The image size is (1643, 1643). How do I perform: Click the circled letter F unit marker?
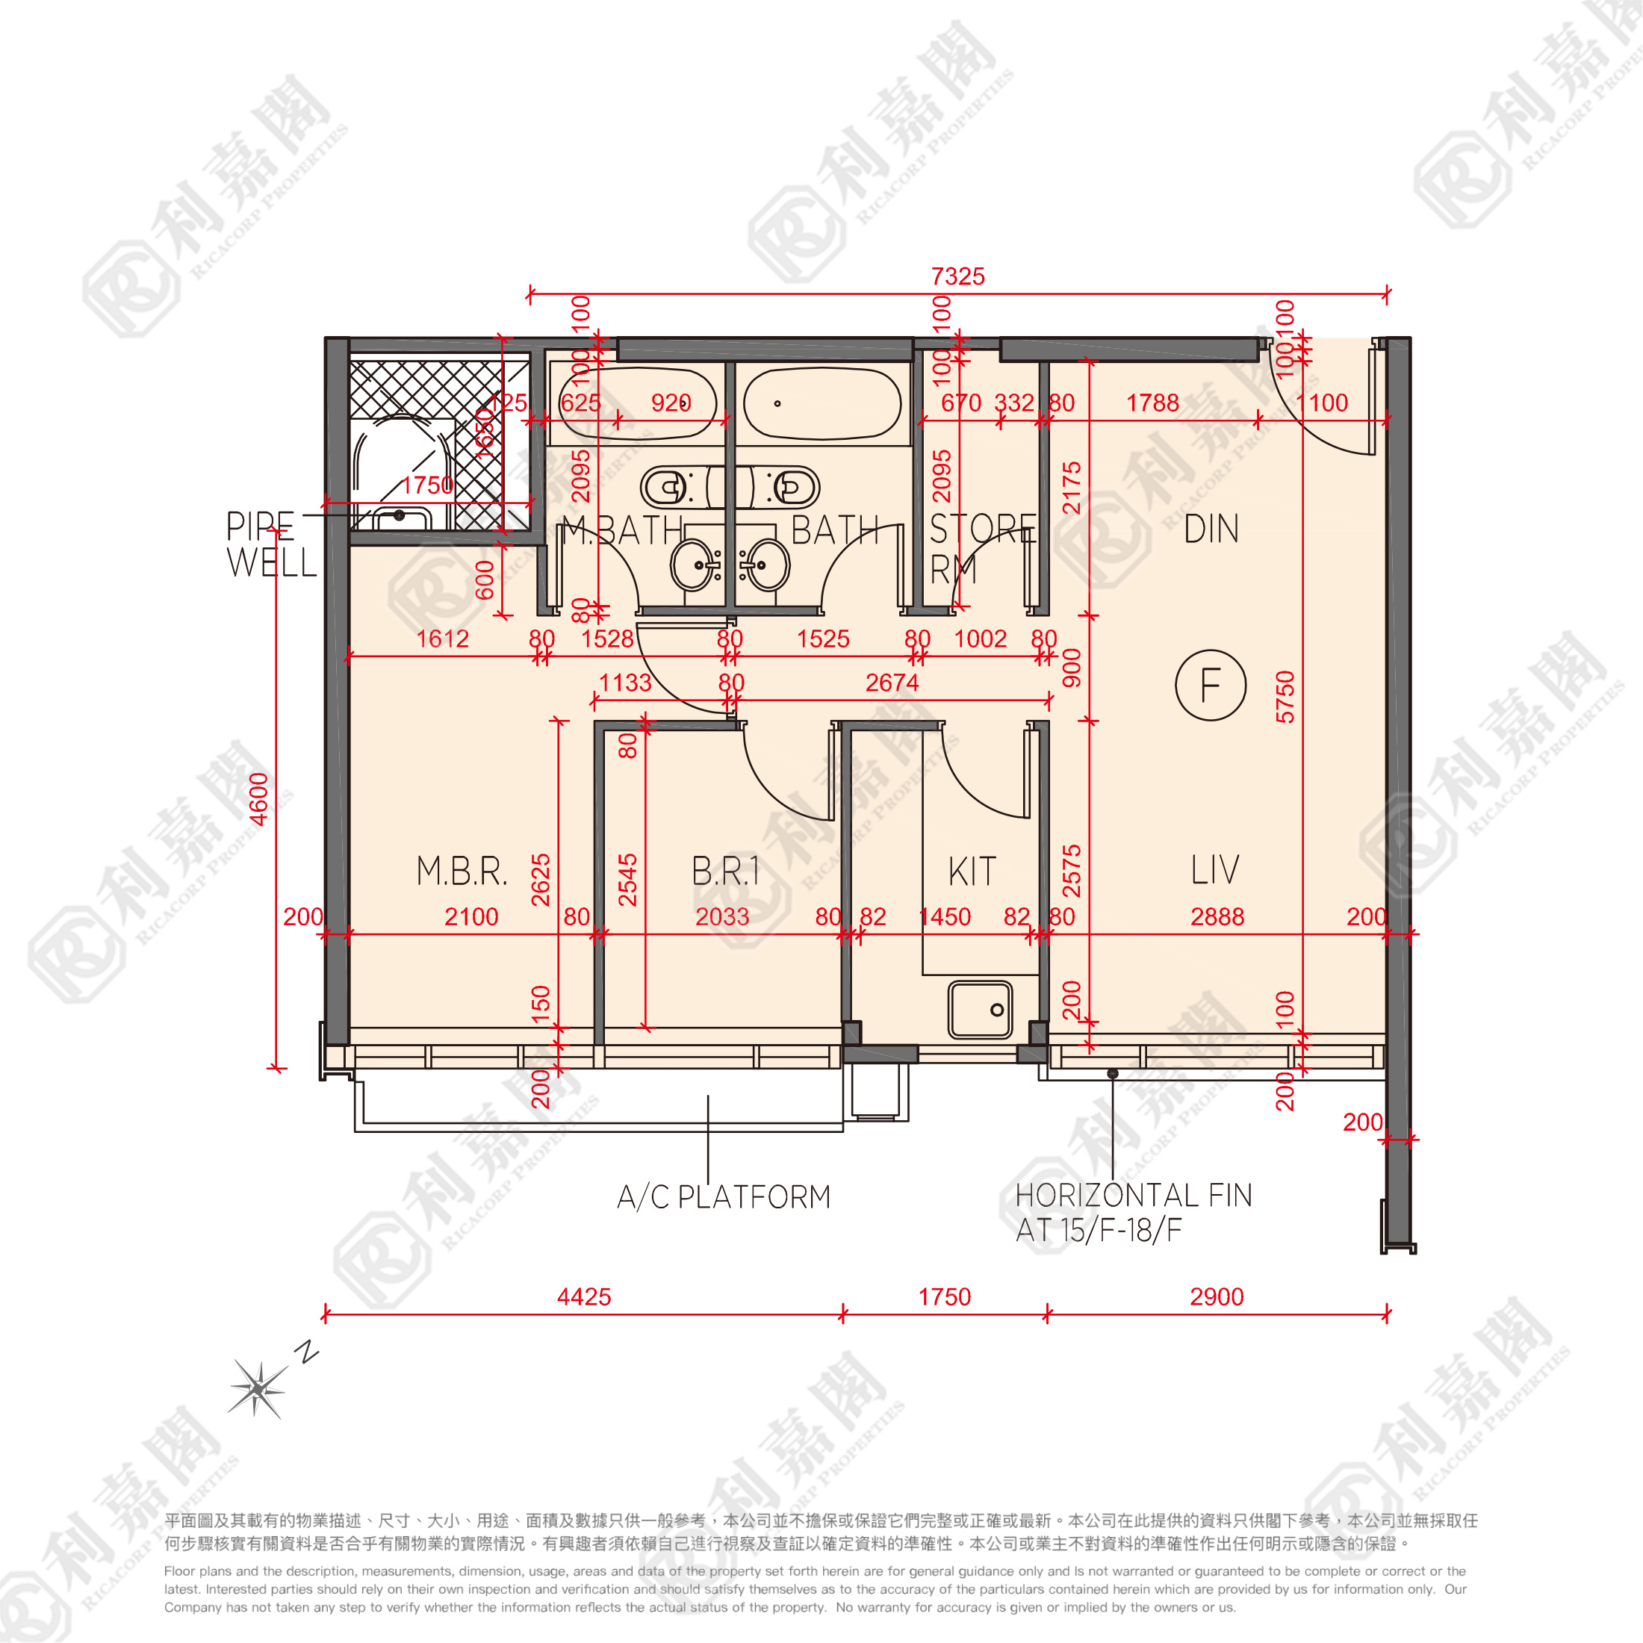(1210, 686)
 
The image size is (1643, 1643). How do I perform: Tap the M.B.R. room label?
(462, 872)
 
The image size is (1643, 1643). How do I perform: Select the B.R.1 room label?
(725, 872)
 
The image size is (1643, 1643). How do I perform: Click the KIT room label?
(972, 872)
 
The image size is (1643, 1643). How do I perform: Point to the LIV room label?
(1215, 870)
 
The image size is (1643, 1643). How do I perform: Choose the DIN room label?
(1211, 529)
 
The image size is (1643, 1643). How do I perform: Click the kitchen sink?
(981, 1010)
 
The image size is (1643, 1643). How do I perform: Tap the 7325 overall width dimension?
(957, 276)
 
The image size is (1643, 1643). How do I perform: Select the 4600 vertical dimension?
(258, 798)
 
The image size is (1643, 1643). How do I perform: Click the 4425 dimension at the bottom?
(584, 1297)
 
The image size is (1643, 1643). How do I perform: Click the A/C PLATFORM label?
(724, 1197)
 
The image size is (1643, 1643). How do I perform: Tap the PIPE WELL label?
(270, 544)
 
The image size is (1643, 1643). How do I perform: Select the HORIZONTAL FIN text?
(1134, 1196)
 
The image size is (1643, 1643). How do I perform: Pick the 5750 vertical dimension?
(1285, 698)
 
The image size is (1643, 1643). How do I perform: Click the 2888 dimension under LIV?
(1217, 917)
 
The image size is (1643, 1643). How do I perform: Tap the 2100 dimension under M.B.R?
(471, 917)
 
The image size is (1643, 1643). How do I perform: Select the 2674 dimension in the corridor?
(892, 682)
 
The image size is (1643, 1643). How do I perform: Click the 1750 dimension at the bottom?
(945, 1297)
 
